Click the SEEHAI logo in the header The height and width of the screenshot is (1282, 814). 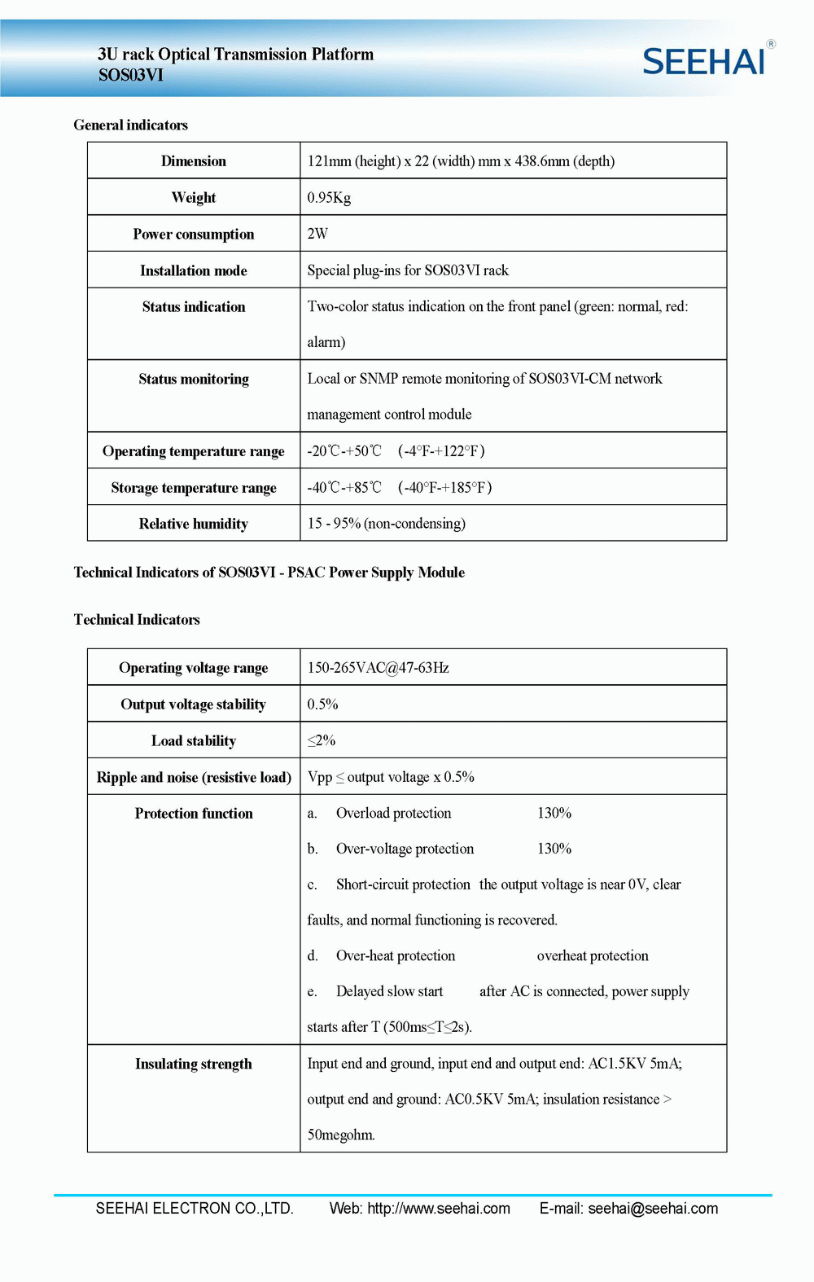[x=705, y=61]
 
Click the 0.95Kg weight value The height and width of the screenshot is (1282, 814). [x=329, y=198]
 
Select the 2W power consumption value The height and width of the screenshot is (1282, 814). [x=317, y=234]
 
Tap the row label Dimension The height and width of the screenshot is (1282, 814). [x=194, y=161]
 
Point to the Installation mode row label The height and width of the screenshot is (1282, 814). [x=194, y=270]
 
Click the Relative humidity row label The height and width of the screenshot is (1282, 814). [x=194, y=524]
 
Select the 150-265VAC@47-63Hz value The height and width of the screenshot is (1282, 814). [x=378, y=668]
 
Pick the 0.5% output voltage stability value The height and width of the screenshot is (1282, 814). [x=322, y=705]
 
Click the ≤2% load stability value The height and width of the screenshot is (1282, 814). [x=322, y=740]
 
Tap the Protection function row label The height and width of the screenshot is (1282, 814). [x=194, y=814]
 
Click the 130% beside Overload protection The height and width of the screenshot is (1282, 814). [x=554, y=813]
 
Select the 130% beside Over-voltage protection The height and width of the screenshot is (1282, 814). [x=554, y=849]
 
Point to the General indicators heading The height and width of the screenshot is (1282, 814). [x=131, y=125]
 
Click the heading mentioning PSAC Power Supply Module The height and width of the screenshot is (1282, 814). [x=269, y=573]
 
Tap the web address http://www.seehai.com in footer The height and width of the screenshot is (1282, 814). [x=439, y=1208]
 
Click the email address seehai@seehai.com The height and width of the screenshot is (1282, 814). [x=653, y=1208]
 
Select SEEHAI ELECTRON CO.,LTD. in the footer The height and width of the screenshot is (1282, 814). [x=195, y=1208]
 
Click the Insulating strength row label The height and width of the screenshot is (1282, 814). [x=194, y=1064]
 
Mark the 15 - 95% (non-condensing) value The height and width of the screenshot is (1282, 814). [x=387, y=524]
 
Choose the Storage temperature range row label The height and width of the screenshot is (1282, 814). [x=194, y=488]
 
